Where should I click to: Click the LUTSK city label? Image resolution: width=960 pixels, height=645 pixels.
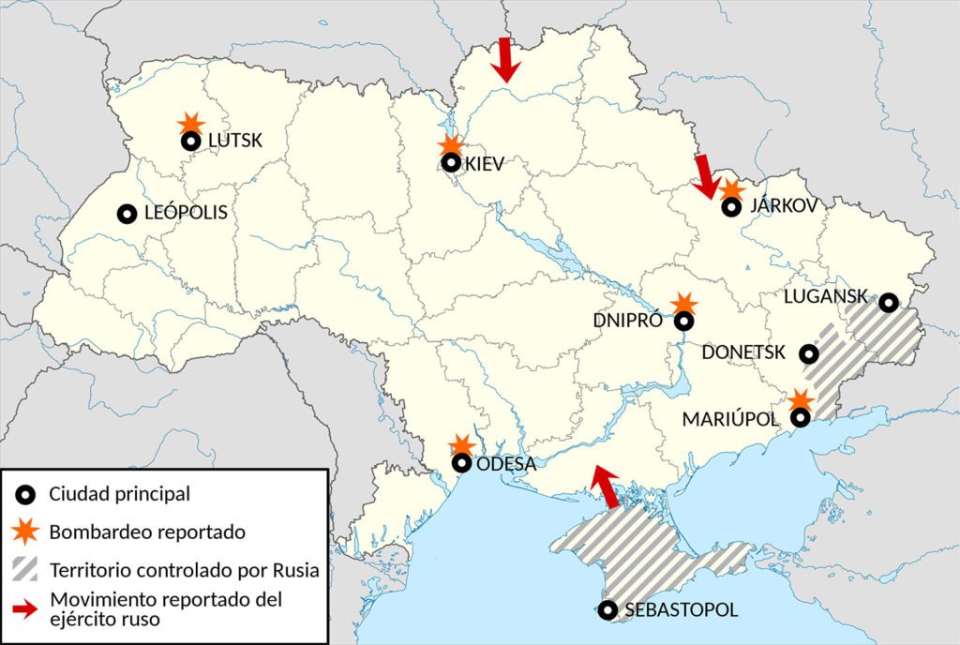[235, 142]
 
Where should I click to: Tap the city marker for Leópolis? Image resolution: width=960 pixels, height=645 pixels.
[127, 214]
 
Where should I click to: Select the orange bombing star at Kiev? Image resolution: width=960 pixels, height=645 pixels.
[451, 145]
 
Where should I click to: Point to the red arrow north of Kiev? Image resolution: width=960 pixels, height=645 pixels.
[506, 60]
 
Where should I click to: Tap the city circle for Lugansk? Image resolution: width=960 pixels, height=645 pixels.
[888, 302]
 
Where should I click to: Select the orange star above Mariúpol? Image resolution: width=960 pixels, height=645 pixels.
[800, 400]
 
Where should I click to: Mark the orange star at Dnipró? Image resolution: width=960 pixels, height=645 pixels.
[686, 303]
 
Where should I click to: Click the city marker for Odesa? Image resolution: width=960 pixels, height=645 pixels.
[461, 463]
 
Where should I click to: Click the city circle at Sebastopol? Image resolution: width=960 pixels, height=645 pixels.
[608, 610]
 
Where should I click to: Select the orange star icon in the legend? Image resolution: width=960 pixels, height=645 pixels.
[28, 532]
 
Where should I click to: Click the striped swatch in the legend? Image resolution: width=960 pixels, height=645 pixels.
[28, 569]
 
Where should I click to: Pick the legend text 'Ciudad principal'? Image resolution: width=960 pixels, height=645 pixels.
[120, 493]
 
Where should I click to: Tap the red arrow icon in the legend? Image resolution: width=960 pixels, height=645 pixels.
[28, 608]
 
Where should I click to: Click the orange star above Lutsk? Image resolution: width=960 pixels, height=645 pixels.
[191, 123]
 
